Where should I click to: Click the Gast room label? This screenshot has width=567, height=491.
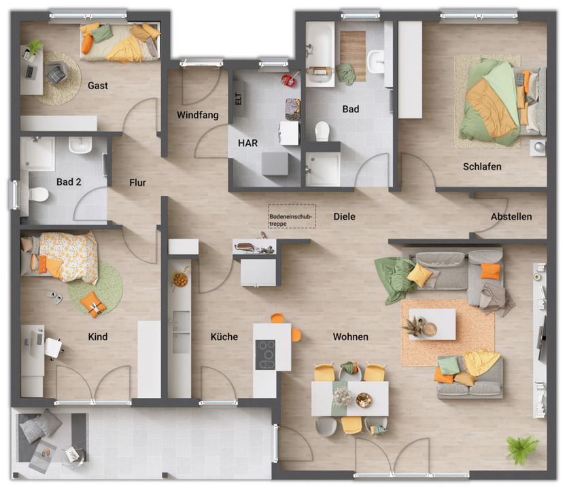coord(98,86)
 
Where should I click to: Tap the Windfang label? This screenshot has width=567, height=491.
coord(198,115)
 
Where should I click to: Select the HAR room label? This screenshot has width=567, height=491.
coord(247,143)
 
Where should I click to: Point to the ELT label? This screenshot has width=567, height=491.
coord(238,100)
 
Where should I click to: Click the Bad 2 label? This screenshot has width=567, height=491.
coord(69,182)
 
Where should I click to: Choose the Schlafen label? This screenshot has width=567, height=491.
coord(482,167)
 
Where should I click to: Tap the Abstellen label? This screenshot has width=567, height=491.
coord(511,217)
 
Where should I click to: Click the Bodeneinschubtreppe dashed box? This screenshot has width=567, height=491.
coord(292,216)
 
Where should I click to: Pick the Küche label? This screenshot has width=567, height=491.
coord(224,337)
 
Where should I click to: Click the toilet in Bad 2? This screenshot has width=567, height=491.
coord(37,194)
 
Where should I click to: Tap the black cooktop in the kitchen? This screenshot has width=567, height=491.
coord(265,354)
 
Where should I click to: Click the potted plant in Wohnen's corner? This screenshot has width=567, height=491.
coord(521,448)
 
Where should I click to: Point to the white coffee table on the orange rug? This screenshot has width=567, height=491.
coord(432,324)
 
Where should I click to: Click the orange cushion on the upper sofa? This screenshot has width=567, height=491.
coord(489,271)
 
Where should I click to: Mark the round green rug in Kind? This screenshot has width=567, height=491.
coord(95,287)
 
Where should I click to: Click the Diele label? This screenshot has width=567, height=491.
coord(345,217)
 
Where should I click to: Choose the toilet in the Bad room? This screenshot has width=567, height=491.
coord(322,130)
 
